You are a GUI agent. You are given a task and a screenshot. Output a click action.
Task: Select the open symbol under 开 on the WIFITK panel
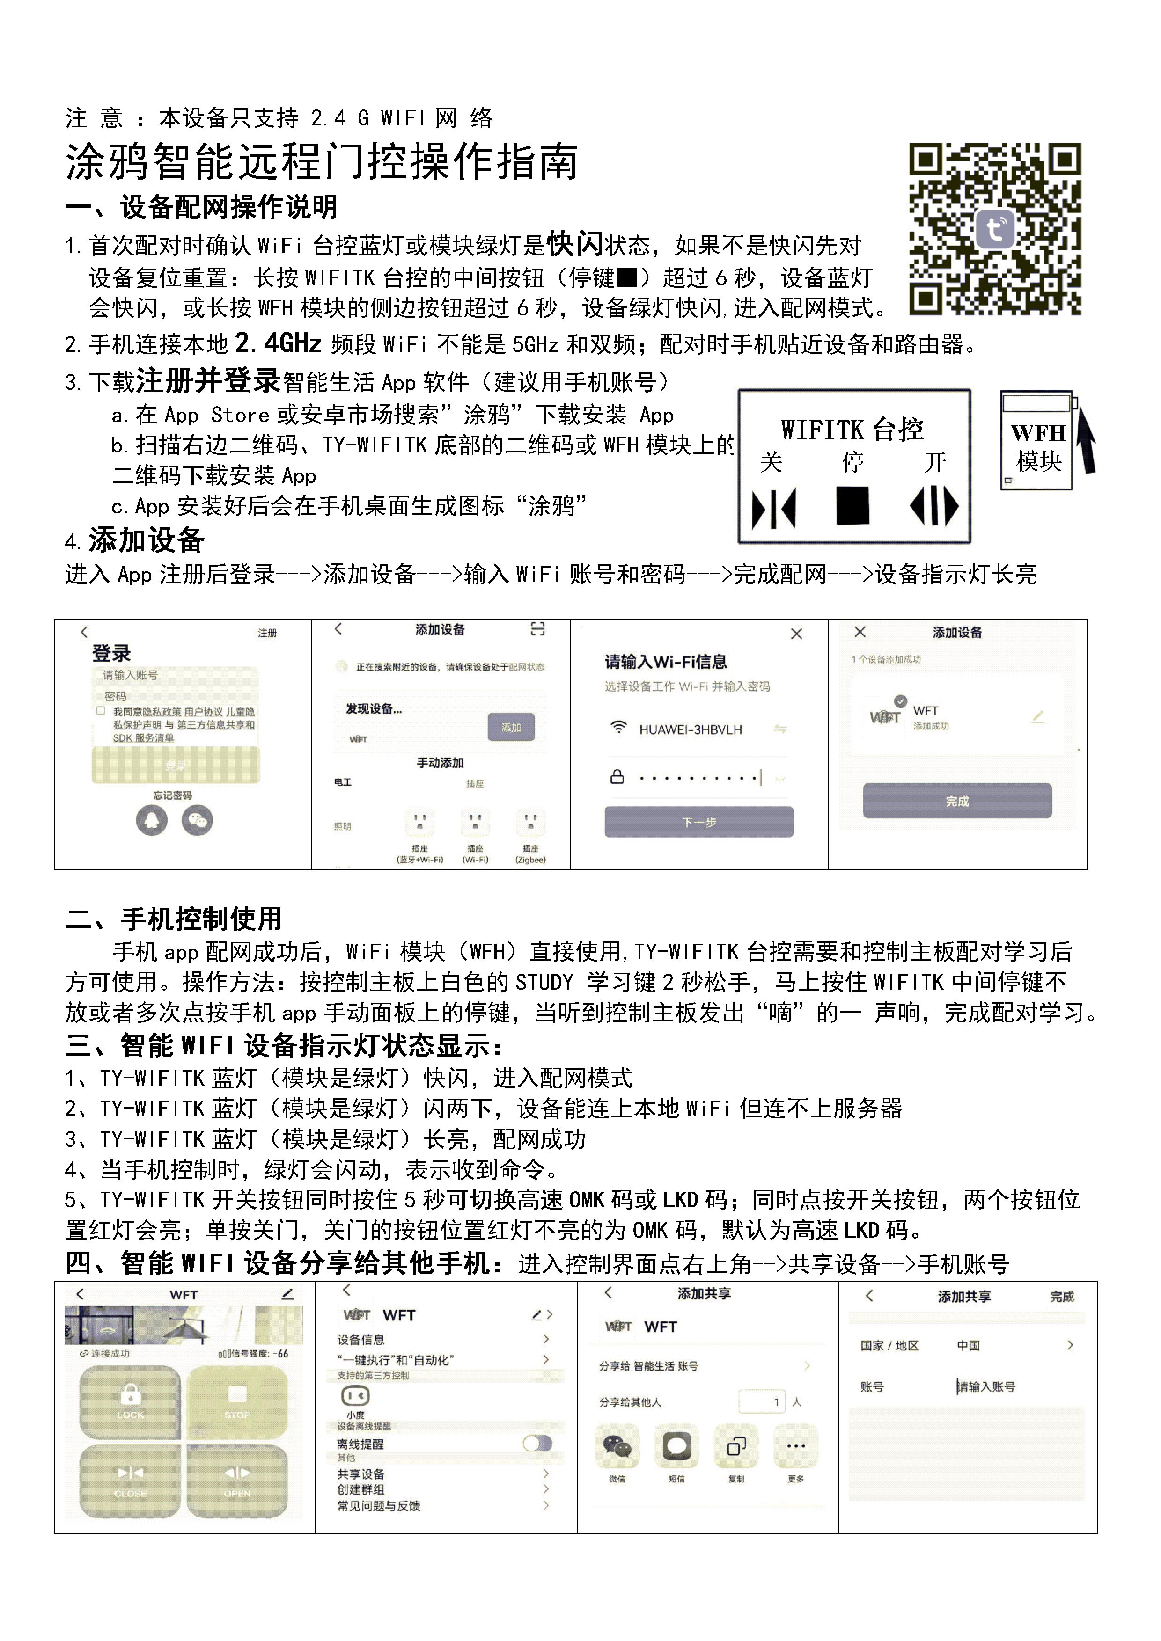(933, 506)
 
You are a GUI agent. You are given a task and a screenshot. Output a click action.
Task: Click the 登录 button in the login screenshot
(175, 766)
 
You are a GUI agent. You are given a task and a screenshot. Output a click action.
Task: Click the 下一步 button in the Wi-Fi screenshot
(698, 822)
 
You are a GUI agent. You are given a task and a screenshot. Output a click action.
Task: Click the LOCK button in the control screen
(130, 1401)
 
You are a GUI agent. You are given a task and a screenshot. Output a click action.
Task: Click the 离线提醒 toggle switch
(537, 1444)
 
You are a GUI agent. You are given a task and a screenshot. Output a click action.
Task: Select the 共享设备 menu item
(361, 1474)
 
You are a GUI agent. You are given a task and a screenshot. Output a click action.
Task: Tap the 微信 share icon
(617, 1447)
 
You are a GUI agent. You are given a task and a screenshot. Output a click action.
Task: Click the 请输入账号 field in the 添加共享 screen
(986, 1386)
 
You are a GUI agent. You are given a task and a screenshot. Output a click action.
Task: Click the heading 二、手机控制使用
(173, 919)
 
